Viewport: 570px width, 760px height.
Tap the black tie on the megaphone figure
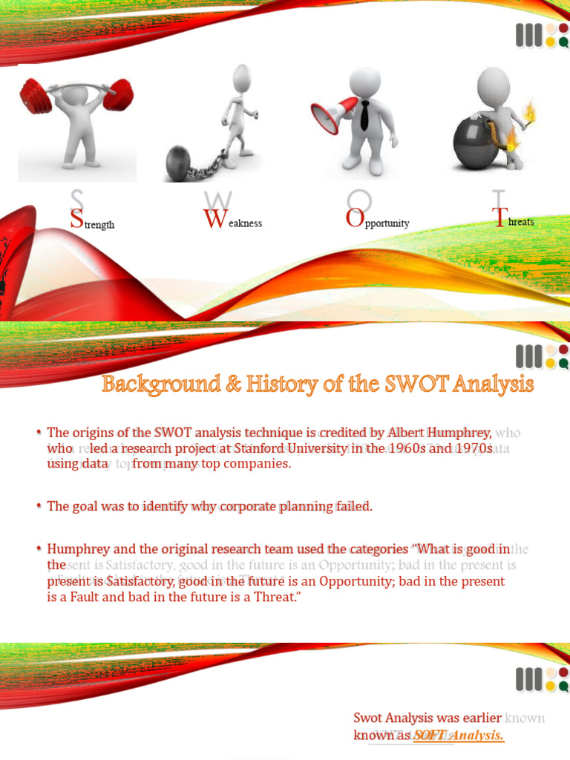[x=364, y=114]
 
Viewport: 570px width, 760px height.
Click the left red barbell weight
[x=34, y=94]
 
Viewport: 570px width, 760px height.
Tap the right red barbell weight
[x=119, y=94]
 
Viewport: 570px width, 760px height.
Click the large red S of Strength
[x=76, y=219]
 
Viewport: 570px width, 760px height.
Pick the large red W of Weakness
[x=213, y=219]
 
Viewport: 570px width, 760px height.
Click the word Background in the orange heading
[x=153, y=384]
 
